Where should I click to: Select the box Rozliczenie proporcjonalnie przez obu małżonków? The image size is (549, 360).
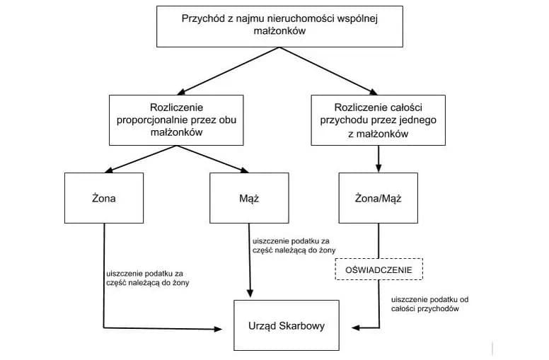[x=176, y=120]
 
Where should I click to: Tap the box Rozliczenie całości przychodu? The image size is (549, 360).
[x=378, y=120]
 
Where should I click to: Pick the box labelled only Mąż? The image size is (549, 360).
[x=249, y=198]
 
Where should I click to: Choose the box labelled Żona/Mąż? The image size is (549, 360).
[x=378, y=198]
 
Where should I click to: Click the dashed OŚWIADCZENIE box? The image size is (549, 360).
[x=378, y=269]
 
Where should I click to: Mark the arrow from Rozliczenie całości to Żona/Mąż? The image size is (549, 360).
[x=378, y=158]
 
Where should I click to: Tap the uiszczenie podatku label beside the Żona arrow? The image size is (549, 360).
[x=147, y=278]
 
